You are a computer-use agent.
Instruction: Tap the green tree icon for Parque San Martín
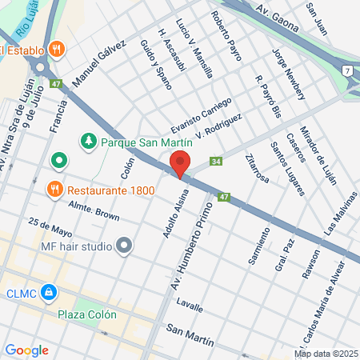tap(88, 142)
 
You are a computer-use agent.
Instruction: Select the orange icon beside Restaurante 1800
tap(55, 190)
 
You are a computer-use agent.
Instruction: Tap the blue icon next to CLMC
tap(50, 293)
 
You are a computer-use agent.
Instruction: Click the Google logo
tap(26, 350)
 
